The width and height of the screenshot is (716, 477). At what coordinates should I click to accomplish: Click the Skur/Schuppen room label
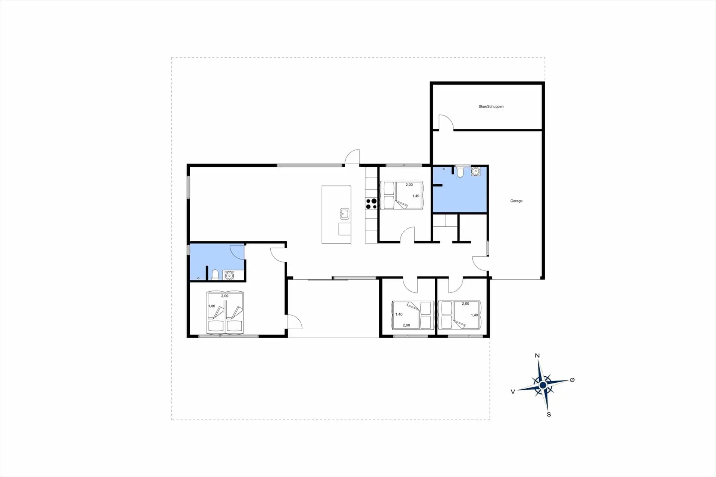[x=491, y=107]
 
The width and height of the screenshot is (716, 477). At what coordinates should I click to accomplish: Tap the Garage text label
[x=516, y=201]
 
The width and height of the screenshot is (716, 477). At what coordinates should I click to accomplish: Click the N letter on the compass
[x=537, y=355]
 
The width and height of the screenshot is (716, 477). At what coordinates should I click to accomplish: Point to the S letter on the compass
[x=549, y=414]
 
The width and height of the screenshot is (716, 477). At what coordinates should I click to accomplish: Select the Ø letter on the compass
[x=572, y=380]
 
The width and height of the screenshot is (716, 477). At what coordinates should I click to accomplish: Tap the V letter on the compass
[x=513, y=392]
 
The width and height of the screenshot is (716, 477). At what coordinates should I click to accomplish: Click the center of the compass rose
[x=543, y=385]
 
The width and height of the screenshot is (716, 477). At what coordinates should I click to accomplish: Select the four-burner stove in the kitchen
[x=371, y=204]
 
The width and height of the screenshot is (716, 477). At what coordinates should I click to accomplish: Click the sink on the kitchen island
[x=344, y=214]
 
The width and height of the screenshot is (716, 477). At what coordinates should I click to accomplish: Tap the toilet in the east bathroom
[x=460, y=172]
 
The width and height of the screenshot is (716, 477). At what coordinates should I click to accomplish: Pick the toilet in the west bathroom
[x=215, y=275]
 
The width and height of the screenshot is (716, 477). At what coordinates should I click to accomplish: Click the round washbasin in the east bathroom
[x=475, y=171]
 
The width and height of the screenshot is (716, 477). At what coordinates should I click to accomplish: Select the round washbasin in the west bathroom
[x=229, y=275]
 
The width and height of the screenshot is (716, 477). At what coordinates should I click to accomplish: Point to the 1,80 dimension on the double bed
[x=211, y=306]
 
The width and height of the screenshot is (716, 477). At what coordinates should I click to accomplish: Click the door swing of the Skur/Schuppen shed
[x=446, y=122]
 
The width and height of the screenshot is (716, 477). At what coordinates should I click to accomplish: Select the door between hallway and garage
[x=480, y=263]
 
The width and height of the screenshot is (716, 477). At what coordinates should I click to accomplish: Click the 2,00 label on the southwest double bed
[x=224, y=296]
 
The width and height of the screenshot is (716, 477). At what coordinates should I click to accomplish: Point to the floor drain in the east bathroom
[x=444, y=169]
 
